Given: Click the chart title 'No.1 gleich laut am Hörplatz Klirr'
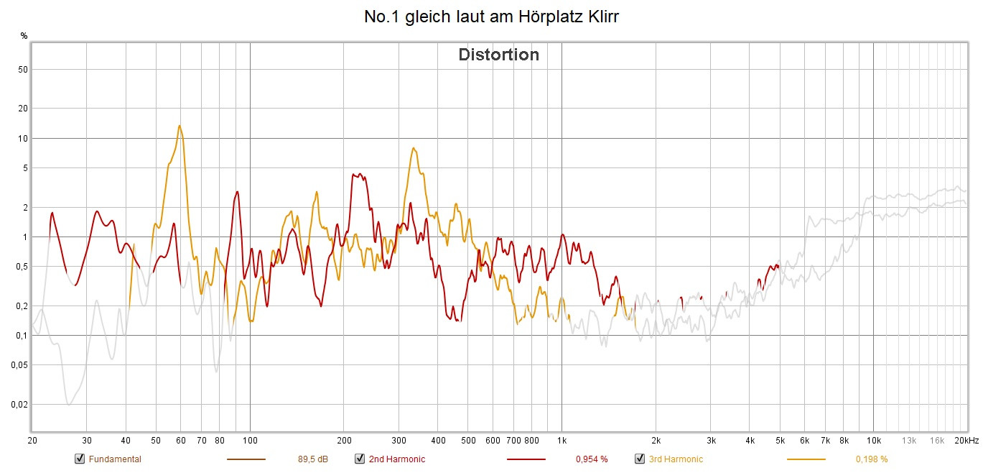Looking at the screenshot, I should [491, 17].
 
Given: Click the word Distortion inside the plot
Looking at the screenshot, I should [498, 55].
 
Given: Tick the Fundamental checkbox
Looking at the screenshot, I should [80, 459].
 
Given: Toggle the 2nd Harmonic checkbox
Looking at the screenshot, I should [360, 459].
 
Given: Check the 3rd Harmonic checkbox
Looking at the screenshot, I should [640, 459].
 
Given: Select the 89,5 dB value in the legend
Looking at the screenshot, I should [313, 459].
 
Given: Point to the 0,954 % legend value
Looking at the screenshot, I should [592, 459].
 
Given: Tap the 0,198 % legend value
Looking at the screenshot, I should [871, 459].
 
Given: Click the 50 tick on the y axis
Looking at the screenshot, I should [22, 70].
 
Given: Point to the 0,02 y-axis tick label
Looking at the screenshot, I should [19, 404].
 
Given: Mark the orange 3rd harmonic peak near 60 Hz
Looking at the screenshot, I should [180, 126].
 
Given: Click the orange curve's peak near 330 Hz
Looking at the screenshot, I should [414, 148].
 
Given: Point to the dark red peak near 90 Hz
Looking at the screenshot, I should [237, 192].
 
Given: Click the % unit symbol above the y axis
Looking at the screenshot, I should [24, 35].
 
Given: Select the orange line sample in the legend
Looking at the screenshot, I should [806, 459].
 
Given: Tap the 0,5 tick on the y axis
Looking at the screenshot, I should [22, 267].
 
